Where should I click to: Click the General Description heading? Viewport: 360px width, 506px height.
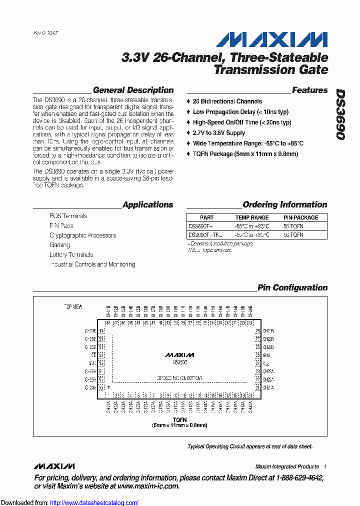click(133, 90)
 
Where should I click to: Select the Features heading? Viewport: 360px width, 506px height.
click(309, 90)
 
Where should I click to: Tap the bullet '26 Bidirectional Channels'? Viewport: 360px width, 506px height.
click(227, 101)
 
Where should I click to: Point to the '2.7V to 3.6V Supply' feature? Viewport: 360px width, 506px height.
click(218, 133)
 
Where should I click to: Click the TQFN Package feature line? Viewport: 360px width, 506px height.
click(245, 154)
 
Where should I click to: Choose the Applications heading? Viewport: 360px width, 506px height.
click(147, 204)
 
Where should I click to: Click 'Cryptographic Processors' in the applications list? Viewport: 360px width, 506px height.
click(82, 235)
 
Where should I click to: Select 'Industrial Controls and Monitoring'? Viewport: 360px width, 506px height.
click(92, 264)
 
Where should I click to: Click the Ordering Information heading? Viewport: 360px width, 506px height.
click(284, 204)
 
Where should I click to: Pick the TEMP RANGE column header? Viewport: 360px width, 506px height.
click(251, 217)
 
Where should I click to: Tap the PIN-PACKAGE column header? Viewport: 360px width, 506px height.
click(300, 217)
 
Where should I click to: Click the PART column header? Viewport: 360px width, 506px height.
click(206, 217)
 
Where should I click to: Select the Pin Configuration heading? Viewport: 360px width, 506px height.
click(292, 287)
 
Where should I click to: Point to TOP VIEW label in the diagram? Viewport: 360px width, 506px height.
click(72, 306)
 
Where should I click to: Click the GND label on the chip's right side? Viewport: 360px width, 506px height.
click(266, 355)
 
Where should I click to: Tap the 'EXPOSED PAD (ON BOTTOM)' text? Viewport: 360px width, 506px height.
click(179, 378)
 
